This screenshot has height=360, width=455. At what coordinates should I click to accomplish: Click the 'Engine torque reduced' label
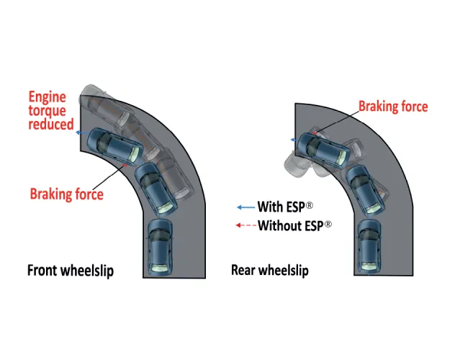51,111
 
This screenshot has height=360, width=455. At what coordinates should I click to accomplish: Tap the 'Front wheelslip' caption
71,271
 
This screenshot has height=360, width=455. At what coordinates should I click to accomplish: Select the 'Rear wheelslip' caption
270,270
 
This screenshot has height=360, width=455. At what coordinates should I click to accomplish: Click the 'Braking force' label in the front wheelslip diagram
67,194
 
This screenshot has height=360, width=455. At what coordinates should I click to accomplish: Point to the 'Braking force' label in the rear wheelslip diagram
393,107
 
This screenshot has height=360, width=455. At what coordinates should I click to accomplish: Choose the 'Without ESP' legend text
295,225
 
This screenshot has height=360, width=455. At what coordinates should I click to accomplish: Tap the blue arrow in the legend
246,207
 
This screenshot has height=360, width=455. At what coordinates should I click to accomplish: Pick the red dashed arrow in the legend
246,225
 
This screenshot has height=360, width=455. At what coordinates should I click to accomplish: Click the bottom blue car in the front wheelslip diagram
161,247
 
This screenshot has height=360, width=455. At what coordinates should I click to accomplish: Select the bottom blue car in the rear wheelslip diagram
369,246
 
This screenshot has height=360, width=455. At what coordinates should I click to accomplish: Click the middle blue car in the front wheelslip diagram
156,189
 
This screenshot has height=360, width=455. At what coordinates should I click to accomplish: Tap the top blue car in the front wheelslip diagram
115,147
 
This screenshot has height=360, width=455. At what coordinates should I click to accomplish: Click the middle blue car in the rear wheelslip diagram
365,189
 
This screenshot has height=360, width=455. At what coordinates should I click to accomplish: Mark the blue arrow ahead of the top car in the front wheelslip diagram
82,133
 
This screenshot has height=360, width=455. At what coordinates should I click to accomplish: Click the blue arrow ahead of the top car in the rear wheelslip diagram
295,140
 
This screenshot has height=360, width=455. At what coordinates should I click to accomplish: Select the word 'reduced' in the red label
51,125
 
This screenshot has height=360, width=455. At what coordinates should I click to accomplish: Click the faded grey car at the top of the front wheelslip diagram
105,105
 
